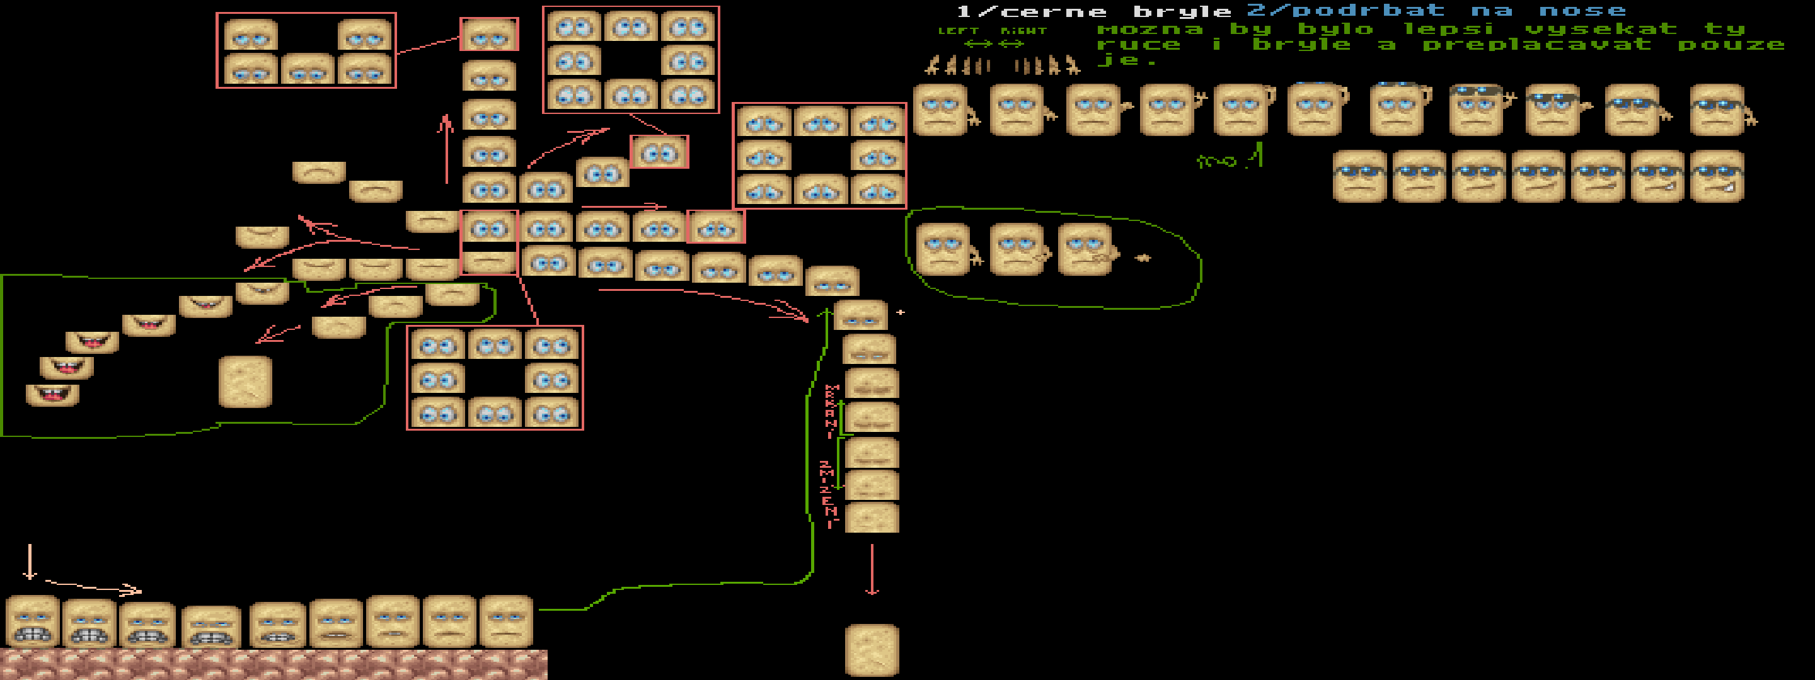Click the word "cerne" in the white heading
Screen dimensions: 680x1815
pyautogui.click(x=1052, y=12)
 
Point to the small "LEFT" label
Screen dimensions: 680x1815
pyautogui.click(x=958, y=31)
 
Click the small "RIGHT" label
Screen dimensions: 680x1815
pyautogui.click(x=1023, y=31)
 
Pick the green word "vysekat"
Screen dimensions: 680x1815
pyautogui.click(x=1601, y=30)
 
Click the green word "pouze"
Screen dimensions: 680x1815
pyautogui.click(x=1731, y=46)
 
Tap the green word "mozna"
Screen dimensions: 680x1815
pyautogui.click(x=1150, y=30)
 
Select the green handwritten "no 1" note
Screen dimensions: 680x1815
pyautogui.click(x=1230, y=159)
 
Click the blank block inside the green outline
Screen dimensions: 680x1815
pyautogui.click(x=245, y=382)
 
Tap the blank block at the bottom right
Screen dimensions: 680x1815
pyautogui.click(x=872, y=650)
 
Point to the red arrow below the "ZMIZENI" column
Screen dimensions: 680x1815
pyautogui.click(x=872, y=570)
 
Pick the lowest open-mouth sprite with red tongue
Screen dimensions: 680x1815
pyautogui.click(x=52, y=395)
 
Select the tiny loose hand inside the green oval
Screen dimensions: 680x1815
pyautogui.click(x=1142, y=258)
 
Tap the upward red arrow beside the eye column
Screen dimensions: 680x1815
pyautogui.click(x=446, y=148)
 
